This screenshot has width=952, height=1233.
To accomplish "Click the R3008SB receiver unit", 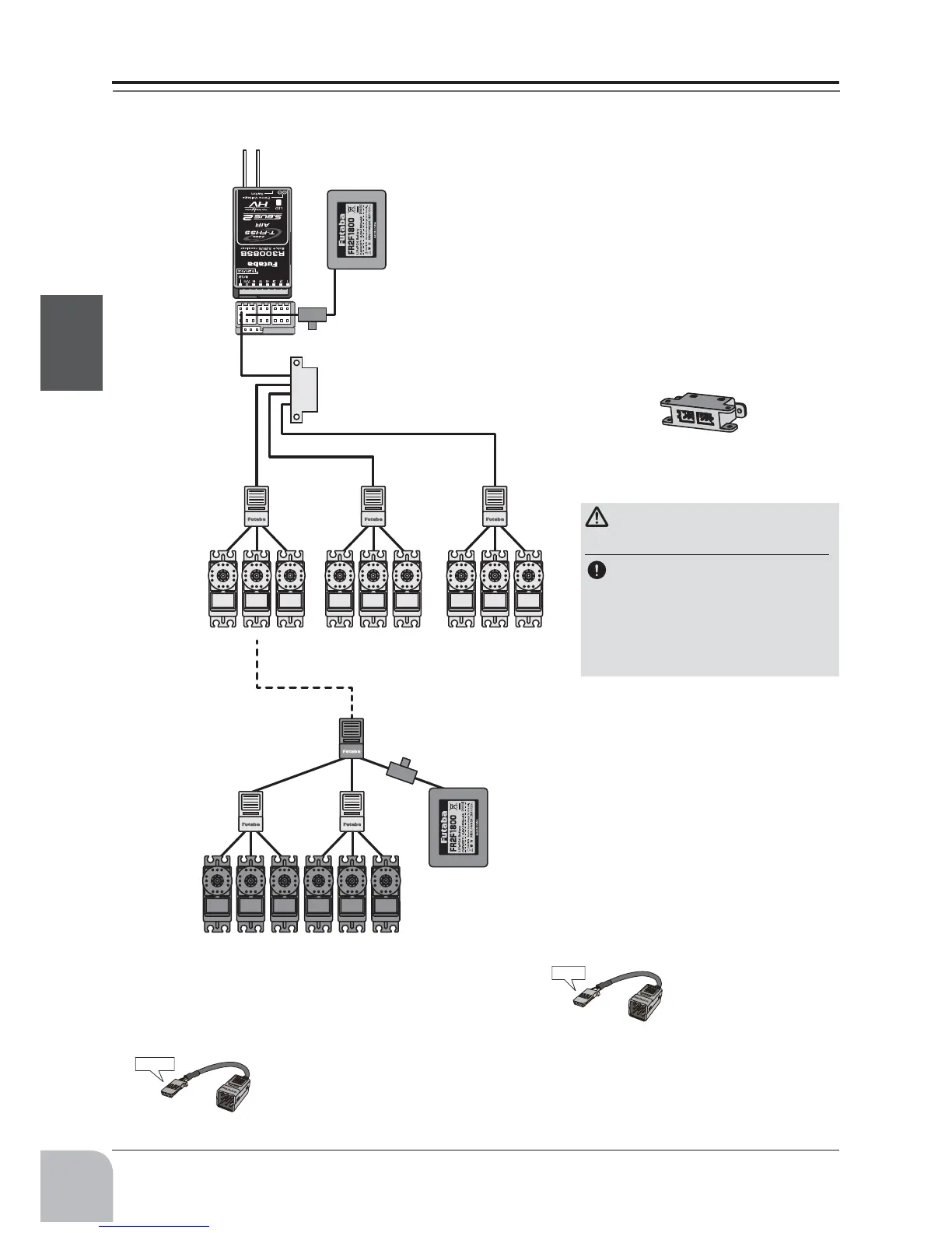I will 262,241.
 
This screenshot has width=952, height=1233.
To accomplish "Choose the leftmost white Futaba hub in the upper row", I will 257,506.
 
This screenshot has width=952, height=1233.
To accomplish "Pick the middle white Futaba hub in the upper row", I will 373,506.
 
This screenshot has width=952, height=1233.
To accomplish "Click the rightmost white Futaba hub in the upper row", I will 495,506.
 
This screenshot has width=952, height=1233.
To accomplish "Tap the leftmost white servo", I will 222,588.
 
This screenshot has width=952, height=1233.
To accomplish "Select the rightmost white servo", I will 529,588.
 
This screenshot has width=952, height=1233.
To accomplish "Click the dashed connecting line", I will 303,687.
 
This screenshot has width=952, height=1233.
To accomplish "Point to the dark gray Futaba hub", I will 352,739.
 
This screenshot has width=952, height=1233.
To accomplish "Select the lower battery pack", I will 458,827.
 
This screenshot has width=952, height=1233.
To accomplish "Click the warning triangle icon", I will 597,517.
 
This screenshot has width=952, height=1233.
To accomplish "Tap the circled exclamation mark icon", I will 597,570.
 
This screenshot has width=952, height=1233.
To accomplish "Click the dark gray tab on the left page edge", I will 71,342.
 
